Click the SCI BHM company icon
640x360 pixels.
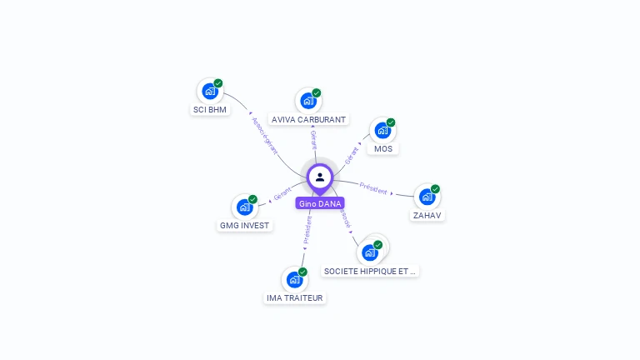point(209,91)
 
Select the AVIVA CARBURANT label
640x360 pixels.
point(308,120)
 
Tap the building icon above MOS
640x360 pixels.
point(382,131)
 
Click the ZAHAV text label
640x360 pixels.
point(427,215)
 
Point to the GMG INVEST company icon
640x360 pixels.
point(243,207)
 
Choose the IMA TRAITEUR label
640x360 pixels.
point(294,297)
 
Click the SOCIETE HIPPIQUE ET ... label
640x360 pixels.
point(369,271)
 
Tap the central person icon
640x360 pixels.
point(320,177)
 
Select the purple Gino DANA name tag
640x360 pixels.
point(320,203)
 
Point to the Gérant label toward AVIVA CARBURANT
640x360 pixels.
point(313,140)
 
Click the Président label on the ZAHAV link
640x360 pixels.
point(374,188)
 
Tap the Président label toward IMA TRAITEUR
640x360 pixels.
point(307,230)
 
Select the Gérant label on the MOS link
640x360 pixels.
point(352,153)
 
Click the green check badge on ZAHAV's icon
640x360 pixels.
point(435,189)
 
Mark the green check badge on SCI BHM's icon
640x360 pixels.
point(218,83)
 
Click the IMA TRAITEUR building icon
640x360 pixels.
point(293,280)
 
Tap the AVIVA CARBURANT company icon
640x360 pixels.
point(308,101)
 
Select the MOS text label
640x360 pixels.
point(382,149)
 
